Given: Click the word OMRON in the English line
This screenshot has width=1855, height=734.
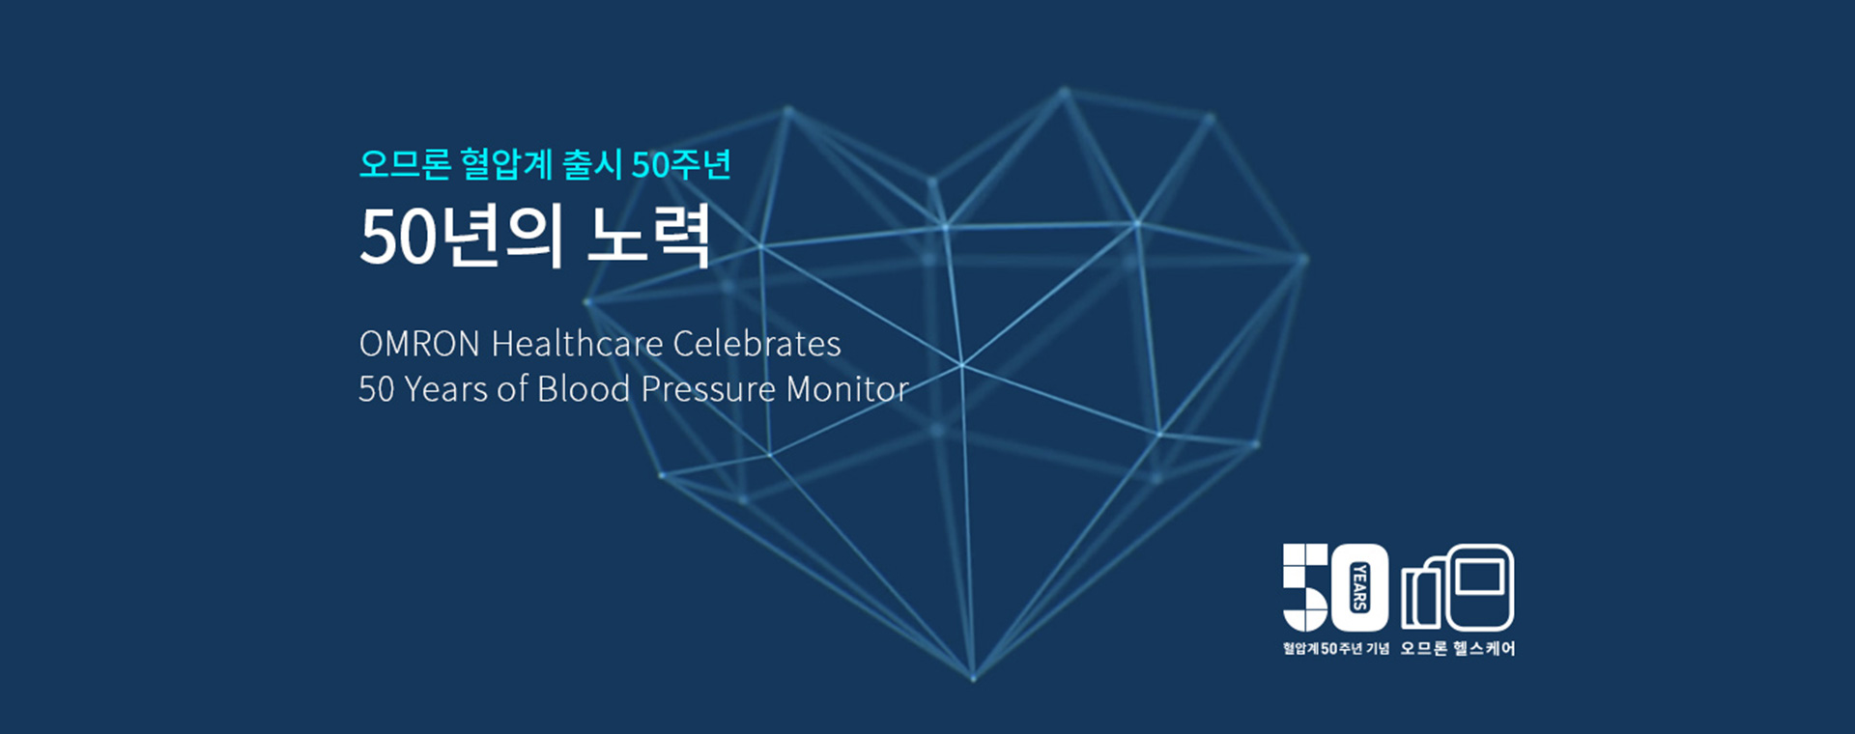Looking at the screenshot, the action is pos(419,344).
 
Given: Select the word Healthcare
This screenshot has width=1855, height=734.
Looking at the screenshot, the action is pos(577,344).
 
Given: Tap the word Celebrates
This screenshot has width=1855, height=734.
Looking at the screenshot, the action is pos(756,344).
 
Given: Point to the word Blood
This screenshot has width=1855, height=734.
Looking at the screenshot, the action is pos(584,389).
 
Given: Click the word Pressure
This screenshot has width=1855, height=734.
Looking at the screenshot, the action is pos(708,390).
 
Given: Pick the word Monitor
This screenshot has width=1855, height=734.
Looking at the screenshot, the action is pos(847,390).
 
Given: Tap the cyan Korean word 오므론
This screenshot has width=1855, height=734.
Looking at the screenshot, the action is pos(405,164).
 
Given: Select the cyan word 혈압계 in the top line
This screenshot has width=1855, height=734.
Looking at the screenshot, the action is pos(506,164).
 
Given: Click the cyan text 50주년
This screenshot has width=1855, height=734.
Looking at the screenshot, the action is pos(681,164).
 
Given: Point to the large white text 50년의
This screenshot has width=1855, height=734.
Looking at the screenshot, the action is pos(461,237).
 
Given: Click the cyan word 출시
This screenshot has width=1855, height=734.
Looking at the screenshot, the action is pos(592,164).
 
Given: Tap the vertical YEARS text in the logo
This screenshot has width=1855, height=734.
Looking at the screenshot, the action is pos(1359,587).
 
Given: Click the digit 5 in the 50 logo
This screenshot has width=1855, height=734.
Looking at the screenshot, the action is pos(1304,586).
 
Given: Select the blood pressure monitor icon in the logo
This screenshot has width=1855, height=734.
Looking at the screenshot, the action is pos(1458,587).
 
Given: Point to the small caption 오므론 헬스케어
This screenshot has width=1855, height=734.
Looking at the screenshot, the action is pos(1458,648).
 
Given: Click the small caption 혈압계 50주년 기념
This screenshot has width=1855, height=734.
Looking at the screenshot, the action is pos(1336,648).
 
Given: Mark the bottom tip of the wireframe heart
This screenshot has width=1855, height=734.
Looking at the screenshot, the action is pos(974,678).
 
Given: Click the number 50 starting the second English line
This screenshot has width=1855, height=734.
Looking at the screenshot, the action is pos(377,390).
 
